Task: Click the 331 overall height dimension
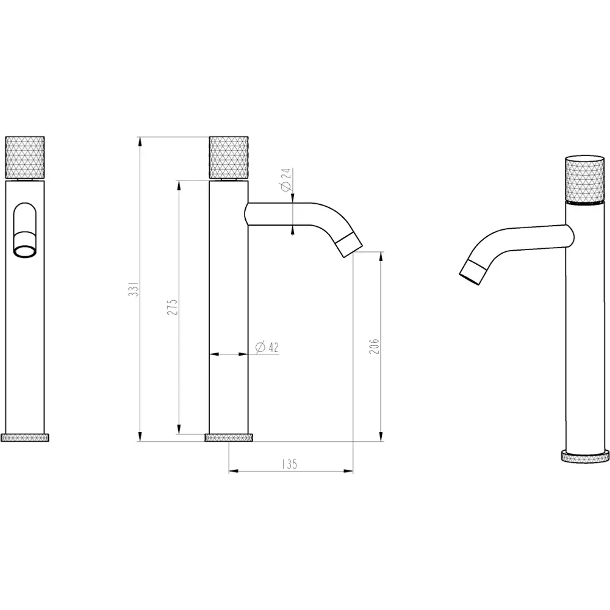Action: pyautogui.click(x=138, y=289)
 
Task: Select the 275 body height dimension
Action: pyautogui.click(x=173, y=306)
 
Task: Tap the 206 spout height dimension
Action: pyautogui.click(x=375, y=345)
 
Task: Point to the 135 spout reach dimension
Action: pyautogui.click(x=290, y=464)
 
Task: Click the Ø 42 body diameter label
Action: pyautogui.click(x=267, y=347)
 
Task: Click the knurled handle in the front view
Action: pyautogui.click(x=25, y=157)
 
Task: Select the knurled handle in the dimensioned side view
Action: pyautogui.click(x=229, y=157)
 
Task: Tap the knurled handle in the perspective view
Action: pyautogui.click(x=586, y=179)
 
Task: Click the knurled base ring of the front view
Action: pyautogui.click(x=25, y=437)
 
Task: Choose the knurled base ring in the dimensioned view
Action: pyautogui.click(x=229, y=437)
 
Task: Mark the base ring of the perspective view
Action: pyautogui.click(x=586, y=456)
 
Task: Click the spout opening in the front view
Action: pyautogui.click(x=25, y=250)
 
